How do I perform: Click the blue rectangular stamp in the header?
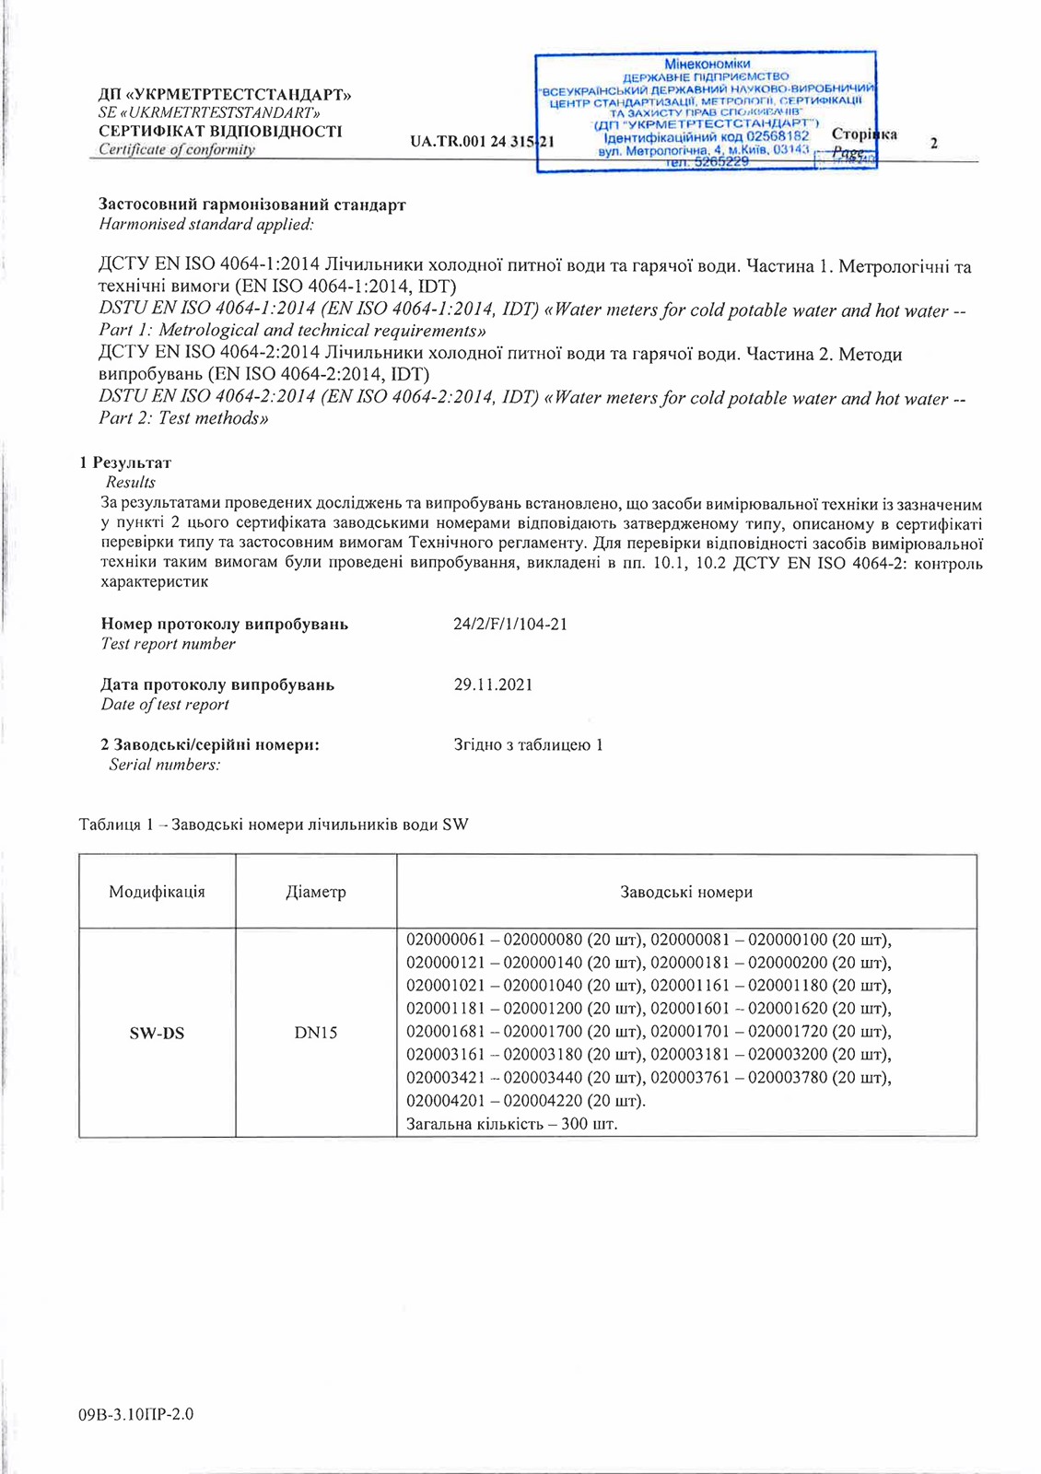coord(706,111)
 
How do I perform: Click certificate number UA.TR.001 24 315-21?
coord(482,142)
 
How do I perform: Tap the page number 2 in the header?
coord(934,143)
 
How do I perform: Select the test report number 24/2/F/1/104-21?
coord(510,624)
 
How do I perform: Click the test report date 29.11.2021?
coord(493,684)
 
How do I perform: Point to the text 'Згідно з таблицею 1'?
coord(528,744)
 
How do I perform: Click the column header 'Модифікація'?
coord(157,892)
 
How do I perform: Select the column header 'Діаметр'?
coord(316,892)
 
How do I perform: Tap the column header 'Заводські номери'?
coord(686,892)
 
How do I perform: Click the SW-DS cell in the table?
coord(157,1033)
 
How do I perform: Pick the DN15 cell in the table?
coord(316,1033)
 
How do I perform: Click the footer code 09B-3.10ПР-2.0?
coord(136,1414)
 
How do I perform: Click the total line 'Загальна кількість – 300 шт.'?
coord(512,1124)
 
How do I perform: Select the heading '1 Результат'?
coord(125,462)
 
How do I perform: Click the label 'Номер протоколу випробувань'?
coord(225,624)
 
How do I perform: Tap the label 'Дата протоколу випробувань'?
coord(217,684)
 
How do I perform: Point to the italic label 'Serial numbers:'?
coord(165,765)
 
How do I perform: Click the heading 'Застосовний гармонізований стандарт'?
coord(252,205)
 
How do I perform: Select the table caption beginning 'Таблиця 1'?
coord(274,824)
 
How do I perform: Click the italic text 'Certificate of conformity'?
coord(177,149)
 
